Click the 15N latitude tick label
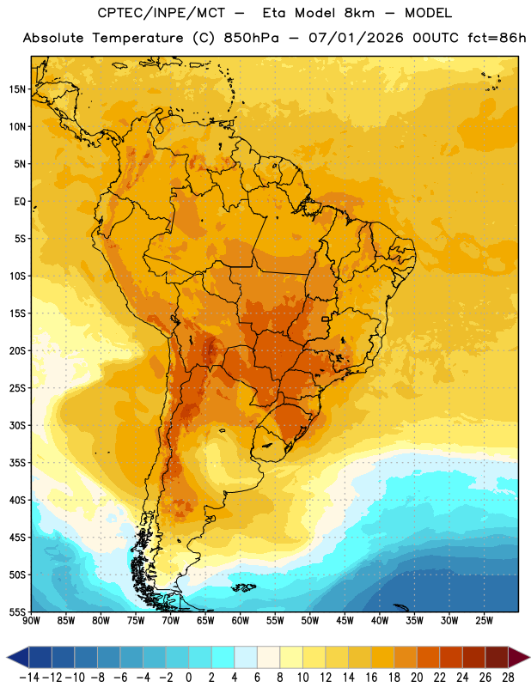17,89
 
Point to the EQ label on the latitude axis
20,202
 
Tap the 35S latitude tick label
17,463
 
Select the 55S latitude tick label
17,611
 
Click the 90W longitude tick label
32,621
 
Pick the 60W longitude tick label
241,621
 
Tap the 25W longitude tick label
484,621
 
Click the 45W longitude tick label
345,621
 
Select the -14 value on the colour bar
29,678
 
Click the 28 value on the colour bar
508,678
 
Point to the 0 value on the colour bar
188,678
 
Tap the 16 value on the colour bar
371,678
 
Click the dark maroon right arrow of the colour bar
518,657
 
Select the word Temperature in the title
137,38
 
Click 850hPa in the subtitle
251,38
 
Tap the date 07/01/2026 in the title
356,38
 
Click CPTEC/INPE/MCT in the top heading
161,13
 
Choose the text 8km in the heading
359,13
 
